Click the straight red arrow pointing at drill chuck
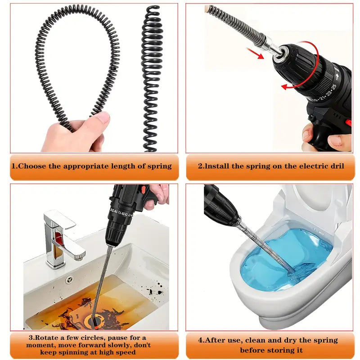pyautogui.click(x=255, y=53)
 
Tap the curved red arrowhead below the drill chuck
pyautogui.click(x=285, y=87)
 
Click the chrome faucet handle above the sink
pyautogui.click(x=59, y=220)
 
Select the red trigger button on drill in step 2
pyautogui.click(x=348, y=122)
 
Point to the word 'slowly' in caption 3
pyautogui.click(x=111, y=345)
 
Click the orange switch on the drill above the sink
pyautogui.click(x=143, y=190)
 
